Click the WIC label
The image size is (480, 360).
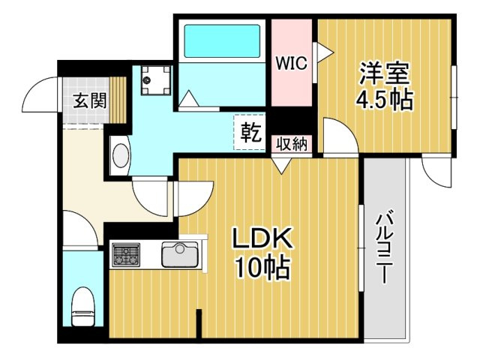291,63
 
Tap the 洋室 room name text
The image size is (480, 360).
384,73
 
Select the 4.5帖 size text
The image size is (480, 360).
384,100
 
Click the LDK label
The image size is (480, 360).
262,238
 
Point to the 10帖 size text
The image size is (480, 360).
262,266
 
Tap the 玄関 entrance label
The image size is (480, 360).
90,100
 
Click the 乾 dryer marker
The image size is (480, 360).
250,132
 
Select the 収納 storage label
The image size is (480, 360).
292,143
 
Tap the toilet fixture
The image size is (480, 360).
83,307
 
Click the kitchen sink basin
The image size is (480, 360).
180,254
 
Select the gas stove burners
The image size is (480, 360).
126,254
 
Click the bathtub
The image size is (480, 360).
222,40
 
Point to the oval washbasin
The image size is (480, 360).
120,155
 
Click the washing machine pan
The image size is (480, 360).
156,80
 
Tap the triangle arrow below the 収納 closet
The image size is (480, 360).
282,166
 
